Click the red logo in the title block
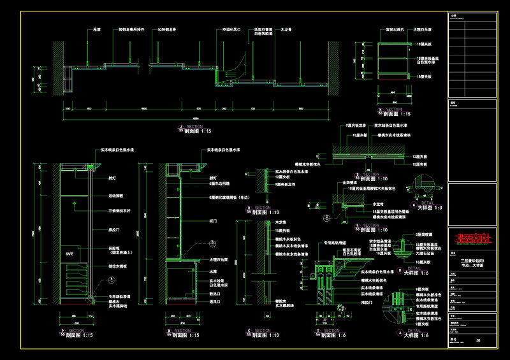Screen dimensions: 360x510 (x=472, y=239)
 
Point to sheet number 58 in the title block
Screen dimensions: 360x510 (x=478, y=342)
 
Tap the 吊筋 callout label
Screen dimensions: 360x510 (x=98, y=29)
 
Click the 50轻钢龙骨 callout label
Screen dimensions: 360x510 (x=166, y=29)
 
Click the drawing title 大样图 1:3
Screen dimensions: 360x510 (x=428, y=208)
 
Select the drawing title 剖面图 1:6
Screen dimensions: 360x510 (x=333, y=335)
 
